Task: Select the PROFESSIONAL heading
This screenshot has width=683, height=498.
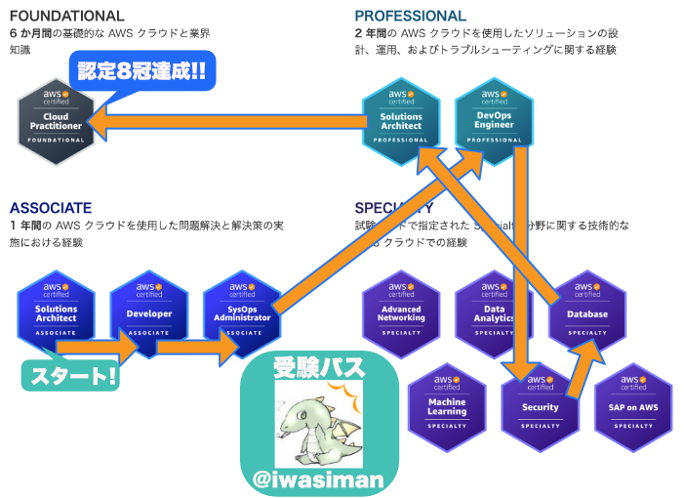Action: point(411,16)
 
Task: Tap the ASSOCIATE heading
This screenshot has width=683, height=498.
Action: point(51,208)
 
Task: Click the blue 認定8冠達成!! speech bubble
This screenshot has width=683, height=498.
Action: point(142,71)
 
